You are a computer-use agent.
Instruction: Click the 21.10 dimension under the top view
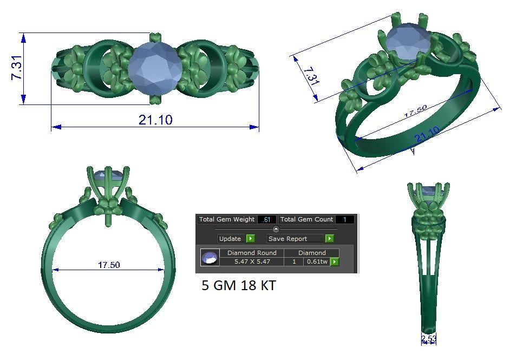(x=155, y=120)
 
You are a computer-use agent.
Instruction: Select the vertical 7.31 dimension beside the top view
(x=17, y=68)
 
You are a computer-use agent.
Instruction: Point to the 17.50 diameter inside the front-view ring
(x=109, y=265)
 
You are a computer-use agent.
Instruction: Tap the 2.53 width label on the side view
(x=429, y=339)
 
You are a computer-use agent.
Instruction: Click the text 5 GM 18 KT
(x=239, y=285)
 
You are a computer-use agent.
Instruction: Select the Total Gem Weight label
(x=226, y=219)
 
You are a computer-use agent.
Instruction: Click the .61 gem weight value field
(x=267, y=220)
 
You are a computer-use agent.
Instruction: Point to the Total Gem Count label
(x=307, y=219)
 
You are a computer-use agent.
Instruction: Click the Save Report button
(x=295, y=239)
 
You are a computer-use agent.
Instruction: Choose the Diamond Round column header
(x=252, y=253)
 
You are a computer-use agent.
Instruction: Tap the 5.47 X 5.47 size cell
(x=252, y=261)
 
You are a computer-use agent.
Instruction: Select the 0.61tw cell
(x=317, y=261)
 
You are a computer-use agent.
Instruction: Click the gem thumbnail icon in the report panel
(x=210, y=258)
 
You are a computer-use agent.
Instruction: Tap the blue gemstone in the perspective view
(x=407, y=43)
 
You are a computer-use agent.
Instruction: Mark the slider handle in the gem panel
(x=276, y=229)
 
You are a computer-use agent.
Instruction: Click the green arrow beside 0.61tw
(x=335, y=262)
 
